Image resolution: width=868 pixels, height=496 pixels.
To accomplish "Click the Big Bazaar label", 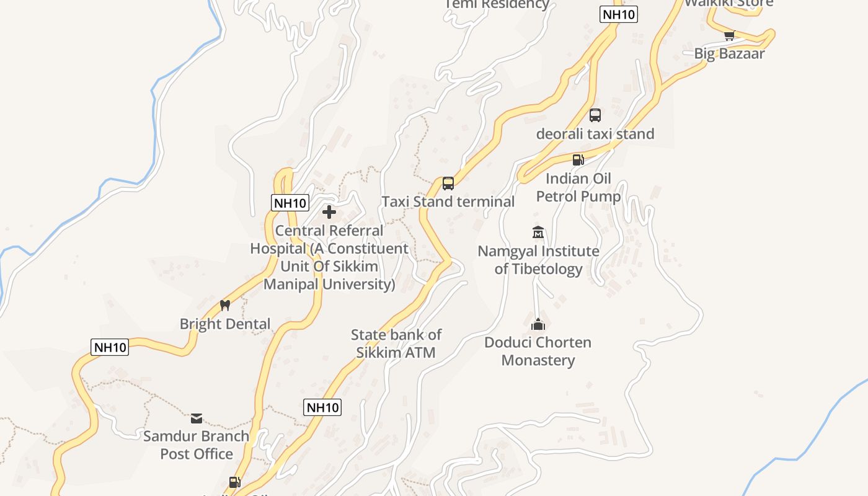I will coord(729,53).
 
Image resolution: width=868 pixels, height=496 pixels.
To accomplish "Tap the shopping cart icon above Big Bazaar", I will coord(729,35).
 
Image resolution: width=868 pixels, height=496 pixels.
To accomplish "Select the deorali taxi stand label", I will coord(595,134).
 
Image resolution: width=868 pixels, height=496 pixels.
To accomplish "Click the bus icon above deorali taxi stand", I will coord(595,115).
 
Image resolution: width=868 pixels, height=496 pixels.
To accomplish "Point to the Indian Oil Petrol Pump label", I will coord(578,187).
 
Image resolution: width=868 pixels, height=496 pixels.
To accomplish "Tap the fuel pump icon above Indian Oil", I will coord(578,160).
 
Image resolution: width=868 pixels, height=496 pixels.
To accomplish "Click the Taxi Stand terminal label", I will coord(448,201).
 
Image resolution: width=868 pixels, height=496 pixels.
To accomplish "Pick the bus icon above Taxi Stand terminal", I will coord(448,184).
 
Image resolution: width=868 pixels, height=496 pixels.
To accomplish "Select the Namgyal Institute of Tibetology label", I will coord(538,260).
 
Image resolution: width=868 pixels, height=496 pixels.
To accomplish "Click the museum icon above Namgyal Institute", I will coord(538,232).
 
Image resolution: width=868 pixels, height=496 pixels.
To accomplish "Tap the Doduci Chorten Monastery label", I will coord(538,351).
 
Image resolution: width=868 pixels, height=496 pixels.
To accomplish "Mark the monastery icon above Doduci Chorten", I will coord(538,324).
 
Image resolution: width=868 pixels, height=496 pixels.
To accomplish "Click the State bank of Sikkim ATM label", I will coord(396,343).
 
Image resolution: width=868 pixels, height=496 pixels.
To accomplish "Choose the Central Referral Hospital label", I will coord(329,257).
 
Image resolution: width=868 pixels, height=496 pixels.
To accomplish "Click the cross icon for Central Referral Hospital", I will coord(329,213).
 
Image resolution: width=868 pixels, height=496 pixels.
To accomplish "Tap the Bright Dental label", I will coord(225,324).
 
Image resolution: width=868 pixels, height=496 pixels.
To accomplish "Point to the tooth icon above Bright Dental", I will coord(225,305).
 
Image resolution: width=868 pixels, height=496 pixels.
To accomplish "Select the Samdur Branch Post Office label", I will coord(197,445).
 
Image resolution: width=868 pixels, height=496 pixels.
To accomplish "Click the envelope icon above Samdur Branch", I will coord(197,418).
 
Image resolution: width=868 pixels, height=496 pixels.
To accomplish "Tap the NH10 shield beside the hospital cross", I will coord(290,203).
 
